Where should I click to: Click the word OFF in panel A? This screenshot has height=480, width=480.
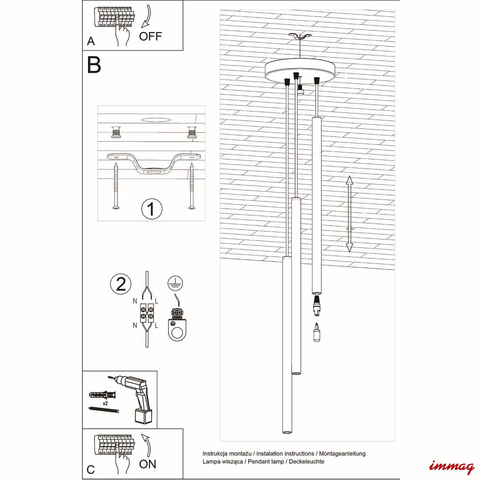[150, 36]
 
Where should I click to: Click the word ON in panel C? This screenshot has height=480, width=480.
[148, 464]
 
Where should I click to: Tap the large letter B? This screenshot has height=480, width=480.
[94, 65]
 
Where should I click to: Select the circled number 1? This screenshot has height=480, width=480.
[152, 209]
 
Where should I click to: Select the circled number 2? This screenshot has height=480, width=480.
[121, 284]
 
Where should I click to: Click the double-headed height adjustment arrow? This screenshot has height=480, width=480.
[350, 214]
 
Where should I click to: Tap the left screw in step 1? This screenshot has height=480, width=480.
[116, 186]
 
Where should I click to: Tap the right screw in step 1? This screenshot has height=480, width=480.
[192, 186]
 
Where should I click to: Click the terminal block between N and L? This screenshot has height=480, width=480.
[147, 313]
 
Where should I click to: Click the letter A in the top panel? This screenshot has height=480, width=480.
[91, 41]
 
